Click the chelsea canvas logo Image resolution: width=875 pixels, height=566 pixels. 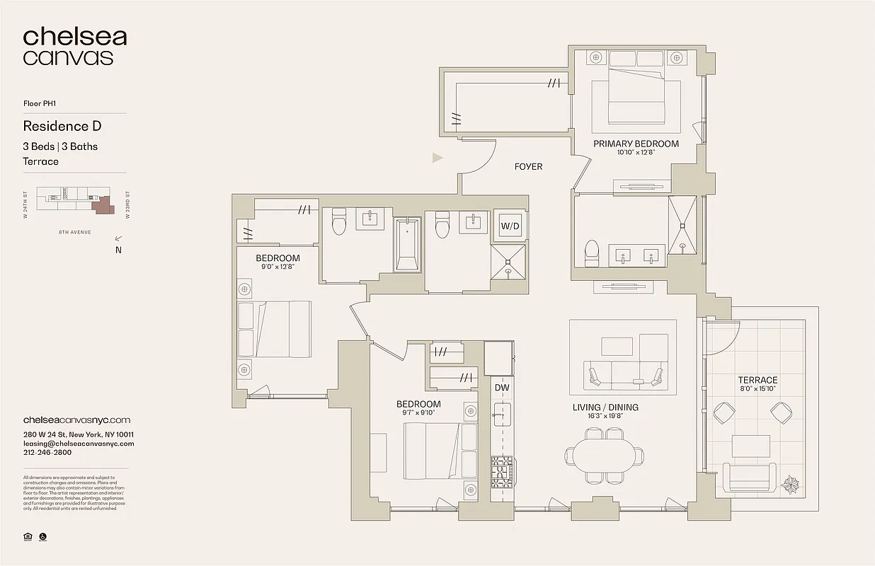(x=74, y=47)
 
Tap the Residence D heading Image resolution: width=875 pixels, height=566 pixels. (x=62, y=127)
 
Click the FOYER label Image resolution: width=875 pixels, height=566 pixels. (x=528, y=167)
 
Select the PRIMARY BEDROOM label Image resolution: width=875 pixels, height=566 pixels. (x=636, y=144)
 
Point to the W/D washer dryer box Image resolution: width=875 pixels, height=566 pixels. (x=510, y=226)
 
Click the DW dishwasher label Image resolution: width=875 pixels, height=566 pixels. (x=502, y=388)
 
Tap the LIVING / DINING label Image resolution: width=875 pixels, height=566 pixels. (x=605, y=408)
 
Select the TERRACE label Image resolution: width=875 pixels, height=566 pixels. (x=757, y=380)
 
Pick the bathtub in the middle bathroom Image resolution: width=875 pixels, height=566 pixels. (x=407, y=244)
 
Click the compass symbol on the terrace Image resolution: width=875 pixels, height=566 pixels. (x=791, y=485)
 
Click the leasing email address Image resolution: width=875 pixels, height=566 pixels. (x=79, y=444)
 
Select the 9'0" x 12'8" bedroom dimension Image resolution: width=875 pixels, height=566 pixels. (x=278, y=267)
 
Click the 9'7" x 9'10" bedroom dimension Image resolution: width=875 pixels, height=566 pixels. (x=418, y=413)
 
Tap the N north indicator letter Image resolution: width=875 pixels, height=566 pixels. (x=118, y=250)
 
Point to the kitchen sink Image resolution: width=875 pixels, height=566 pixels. (x=502, y=413)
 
